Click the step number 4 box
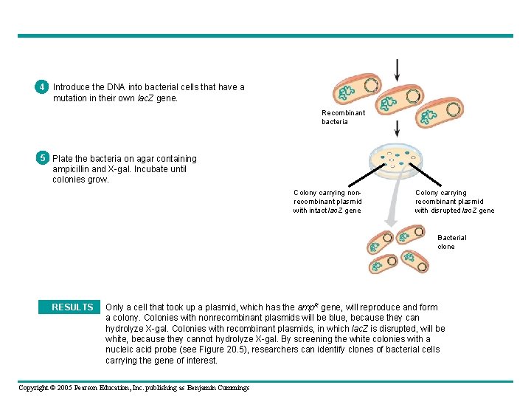click(43, 87)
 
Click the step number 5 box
click(43, 158)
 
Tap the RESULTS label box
click(72, 307)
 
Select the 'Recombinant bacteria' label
click(343, 117)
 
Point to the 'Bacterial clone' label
click(451, 242)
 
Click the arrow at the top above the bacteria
click(398, 69)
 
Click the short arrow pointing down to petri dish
click(398, 130)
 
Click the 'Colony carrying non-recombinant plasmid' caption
click(327, 202)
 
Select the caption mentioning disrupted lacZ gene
click(454, 202)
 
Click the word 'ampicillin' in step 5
click(74, 169)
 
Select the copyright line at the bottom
click(133, 388)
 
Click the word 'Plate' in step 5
click(62, 159)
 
